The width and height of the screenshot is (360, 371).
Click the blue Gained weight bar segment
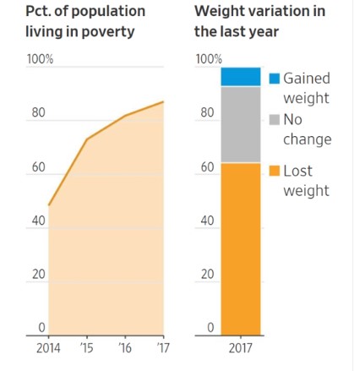241,76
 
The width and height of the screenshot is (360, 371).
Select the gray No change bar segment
241,124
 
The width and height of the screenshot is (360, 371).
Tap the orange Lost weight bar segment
241,249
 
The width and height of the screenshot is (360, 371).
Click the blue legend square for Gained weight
275,79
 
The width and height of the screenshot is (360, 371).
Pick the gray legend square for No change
275,119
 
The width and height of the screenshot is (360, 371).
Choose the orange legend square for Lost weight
275,171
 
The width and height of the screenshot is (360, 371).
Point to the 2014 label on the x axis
48,348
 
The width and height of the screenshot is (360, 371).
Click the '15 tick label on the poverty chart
86,348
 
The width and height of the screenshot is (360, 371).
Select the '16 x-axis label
125,348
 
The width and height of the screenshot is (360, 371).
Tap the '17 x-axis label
163,348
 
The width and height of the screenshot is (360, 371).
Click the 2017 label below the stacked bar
240,348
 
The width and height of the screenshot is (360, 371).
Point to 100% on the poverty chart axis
40,59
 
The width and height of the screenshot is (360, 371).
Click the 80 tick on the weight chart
207,112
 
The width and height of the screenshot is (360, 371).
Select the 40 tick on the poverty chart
38,221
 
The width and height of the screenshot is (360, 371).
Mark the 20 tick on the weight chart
207,274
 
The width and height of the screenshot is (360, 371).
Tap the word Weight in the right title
221,12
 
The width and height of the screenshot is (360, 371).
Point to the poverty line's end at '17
163,101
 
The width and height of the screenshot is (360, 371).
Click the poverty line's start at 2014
49,205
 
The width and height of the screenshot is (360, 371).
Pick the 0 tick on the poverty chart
41,328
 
